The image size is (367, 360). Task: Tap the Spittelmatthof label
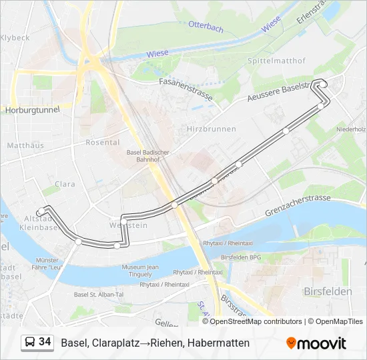point(277,61)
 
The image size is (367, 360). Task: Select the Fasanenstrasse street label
point(186,89)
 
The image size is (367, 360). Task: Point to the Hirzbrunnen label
point(212,127)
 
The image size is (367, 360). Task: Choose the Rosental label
point(103,142)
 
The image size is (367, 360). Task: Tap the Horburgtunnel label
point(31,109)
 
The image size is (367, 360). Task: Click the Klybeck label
point(15,37)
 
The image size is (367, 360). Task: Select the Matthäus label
point(25,145)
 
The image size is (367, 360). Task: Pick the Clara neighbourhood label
point(65,183)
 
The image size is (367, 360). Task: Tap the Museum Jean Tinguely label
point(140,271)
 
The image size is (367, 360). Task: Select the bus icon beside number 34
point(30,343)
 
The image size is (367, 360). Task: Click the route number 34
point(45,342)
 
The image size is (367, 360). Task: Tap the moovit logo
point(316,343)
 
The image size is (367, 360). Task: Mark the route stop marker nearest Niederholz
point(321,105)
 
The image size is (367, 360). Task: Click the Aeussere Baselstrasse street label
point(280,93)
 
